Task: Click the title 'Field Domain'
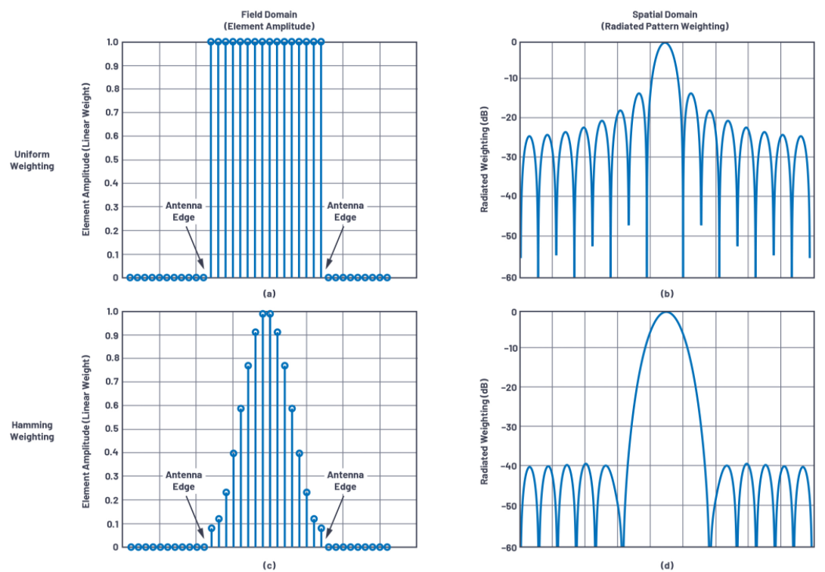[x=269, y=14]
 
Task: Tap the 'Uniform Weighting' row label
[x=32, y=160]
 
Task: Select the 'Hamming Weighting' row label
[x=32, y=431]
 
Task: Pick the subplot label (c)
[x=269, y=564]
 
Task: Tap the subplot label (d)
[x=665, y=564]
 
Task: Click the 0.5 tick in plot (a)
[x=111, y=160]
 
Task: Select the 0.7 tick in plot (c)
[x=111, y=382]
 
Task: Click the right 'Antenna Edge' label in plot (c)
[x=346, y=480]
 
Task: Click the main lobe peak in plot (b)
[x=665, y=43]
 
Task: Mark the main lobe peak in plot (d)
[x=665, y=312]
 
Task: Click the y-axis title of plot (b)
[x=483, y=159]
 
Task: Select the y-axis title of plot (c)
[x=86, y=429]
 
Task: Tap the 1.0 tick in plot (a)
[x=111, y=42]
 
